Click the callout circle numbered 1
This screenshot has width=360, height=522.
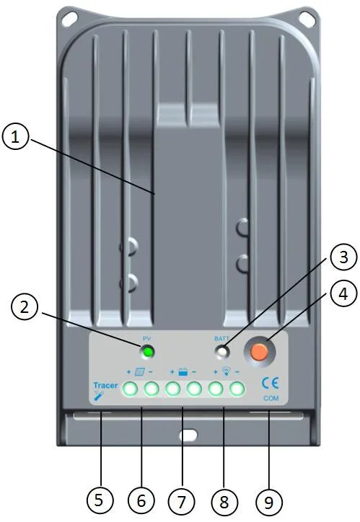tap(15, 137)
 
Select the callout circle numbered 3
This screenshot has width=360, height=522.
tap(343, 257)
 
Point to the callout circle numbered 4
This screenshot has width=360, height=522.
tap(343, 294)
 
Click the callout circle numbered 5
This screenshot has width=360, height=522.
tap(100, 500)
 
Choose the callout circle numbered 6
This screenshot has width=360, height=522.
tap(141, 500)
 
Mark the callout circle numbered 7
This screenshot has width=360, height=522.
tap(182, 501)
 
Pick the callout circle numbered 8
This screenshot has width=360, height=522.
tap(224, 501)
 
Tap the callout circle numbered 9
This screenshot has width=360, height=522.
tap(269, 502)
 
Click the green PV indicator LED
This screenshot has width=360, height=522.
tap(148, 352)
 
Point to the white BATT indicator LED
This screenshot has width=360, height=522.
tap(222, 352)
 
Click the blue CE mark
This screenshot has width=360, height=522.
tap(270, 384)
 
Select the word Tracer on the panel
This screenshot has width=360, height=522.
tap(105, 385)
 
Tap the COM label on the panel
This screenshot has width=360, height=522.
tap(271, 398)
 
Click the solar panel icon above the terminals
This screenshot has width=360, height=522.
tap(139, 371)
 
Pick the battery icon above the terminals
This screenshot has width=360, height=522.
tap(183, 372)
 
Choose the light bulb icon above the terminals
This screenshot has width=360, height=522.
tap(227, 371)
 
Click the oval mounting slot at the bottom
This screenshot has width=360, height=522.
tap(188, 435)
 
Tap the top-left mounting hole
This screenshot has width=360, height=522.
tap(70, 19)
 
